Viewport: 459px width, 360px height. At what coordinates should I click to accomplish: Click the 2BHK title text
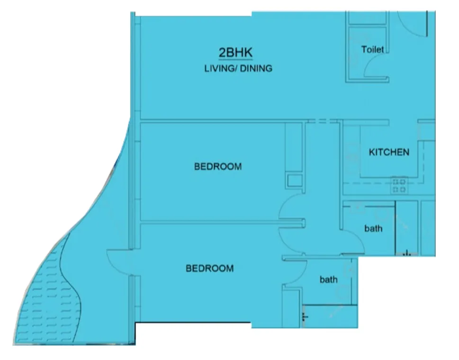coord(235,53)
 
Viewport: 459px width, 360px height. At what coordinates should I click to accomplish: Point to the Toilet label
coord(372,49)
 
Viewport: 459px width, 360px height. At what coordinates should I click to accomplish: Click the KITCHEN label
coord(389,153)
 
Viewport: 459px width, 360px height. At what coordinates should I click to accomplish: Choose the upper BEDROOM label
coord(218,167)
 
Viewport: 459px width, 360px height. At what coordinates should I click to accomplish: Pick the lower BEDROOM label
coord(209,269)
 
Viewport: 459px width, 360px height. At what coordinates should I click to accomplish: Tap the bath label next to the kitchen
coord(373,228)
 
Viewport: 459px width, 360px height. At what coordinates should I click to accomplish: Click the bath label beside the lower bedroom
coord(328,279)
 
